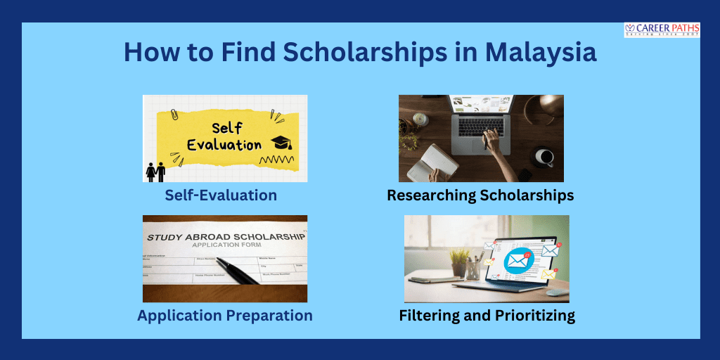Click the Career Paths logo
(x=661, y=30)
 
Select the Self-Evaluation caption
(x=221, y=195)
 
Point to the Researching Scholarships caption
(x=480, y=195)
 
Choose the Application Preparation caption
(x=225, y=316)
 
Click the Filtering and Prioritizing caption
(x=487, y=316)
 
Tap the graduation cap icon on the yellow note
(x=281, y=142)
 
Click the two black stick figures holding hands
(x=155, y=172)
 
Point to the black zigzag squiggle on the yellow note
(x=276, y=161)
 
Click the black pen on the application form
(x=238, y=271)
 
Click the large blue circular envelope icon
(x=517, y=261)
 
